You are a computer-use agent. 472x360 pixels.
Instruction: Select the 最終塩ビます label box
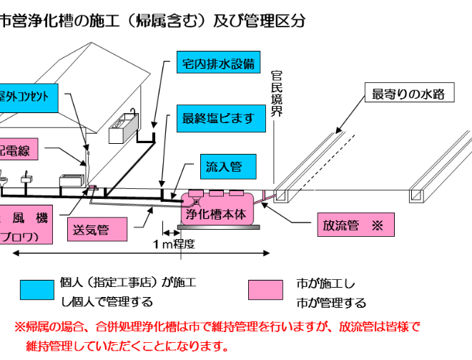click(217, 118)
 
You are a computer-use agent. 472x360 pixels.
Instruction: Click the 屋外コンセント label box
click(29, 97)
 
